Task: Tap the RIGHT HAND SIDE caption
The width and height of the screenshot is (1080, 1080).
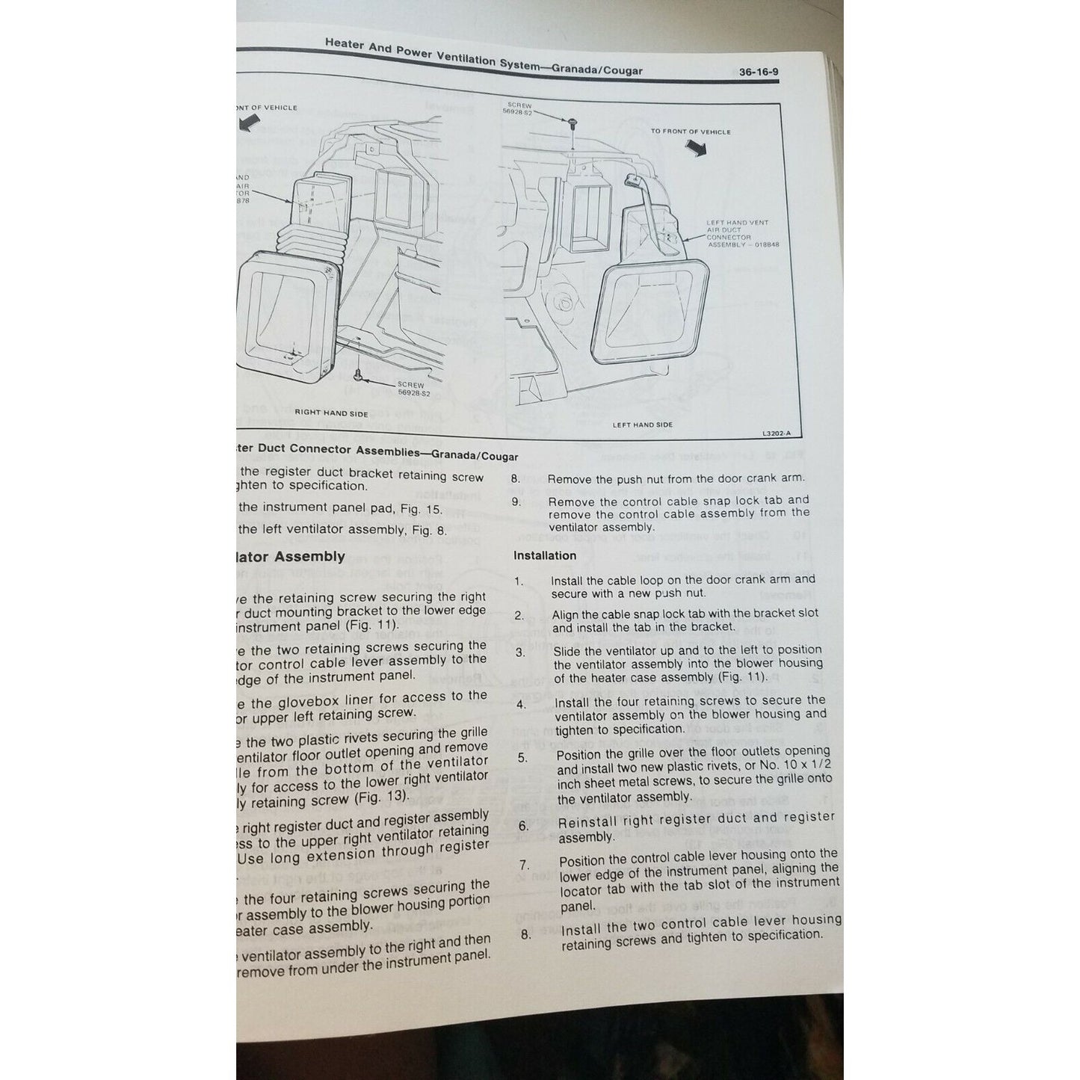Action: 331,413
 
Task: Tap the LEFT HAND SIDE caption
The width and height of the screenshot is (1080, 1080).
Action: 642,425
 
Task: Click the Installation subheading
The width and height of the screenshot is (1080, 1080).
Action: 545,555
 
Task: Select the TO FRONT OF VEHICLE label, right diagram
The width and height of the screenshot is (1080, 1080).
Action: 690,132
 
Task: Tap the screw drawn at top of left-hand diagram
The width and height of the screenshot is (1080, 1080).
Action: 572,120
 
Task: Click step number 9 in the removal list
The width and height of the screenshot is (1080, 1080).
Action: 516,502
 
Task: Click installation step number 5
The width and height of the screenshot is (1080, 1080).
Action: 522,758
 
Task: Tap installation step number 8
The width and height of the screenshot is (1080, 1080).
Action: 526,934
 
